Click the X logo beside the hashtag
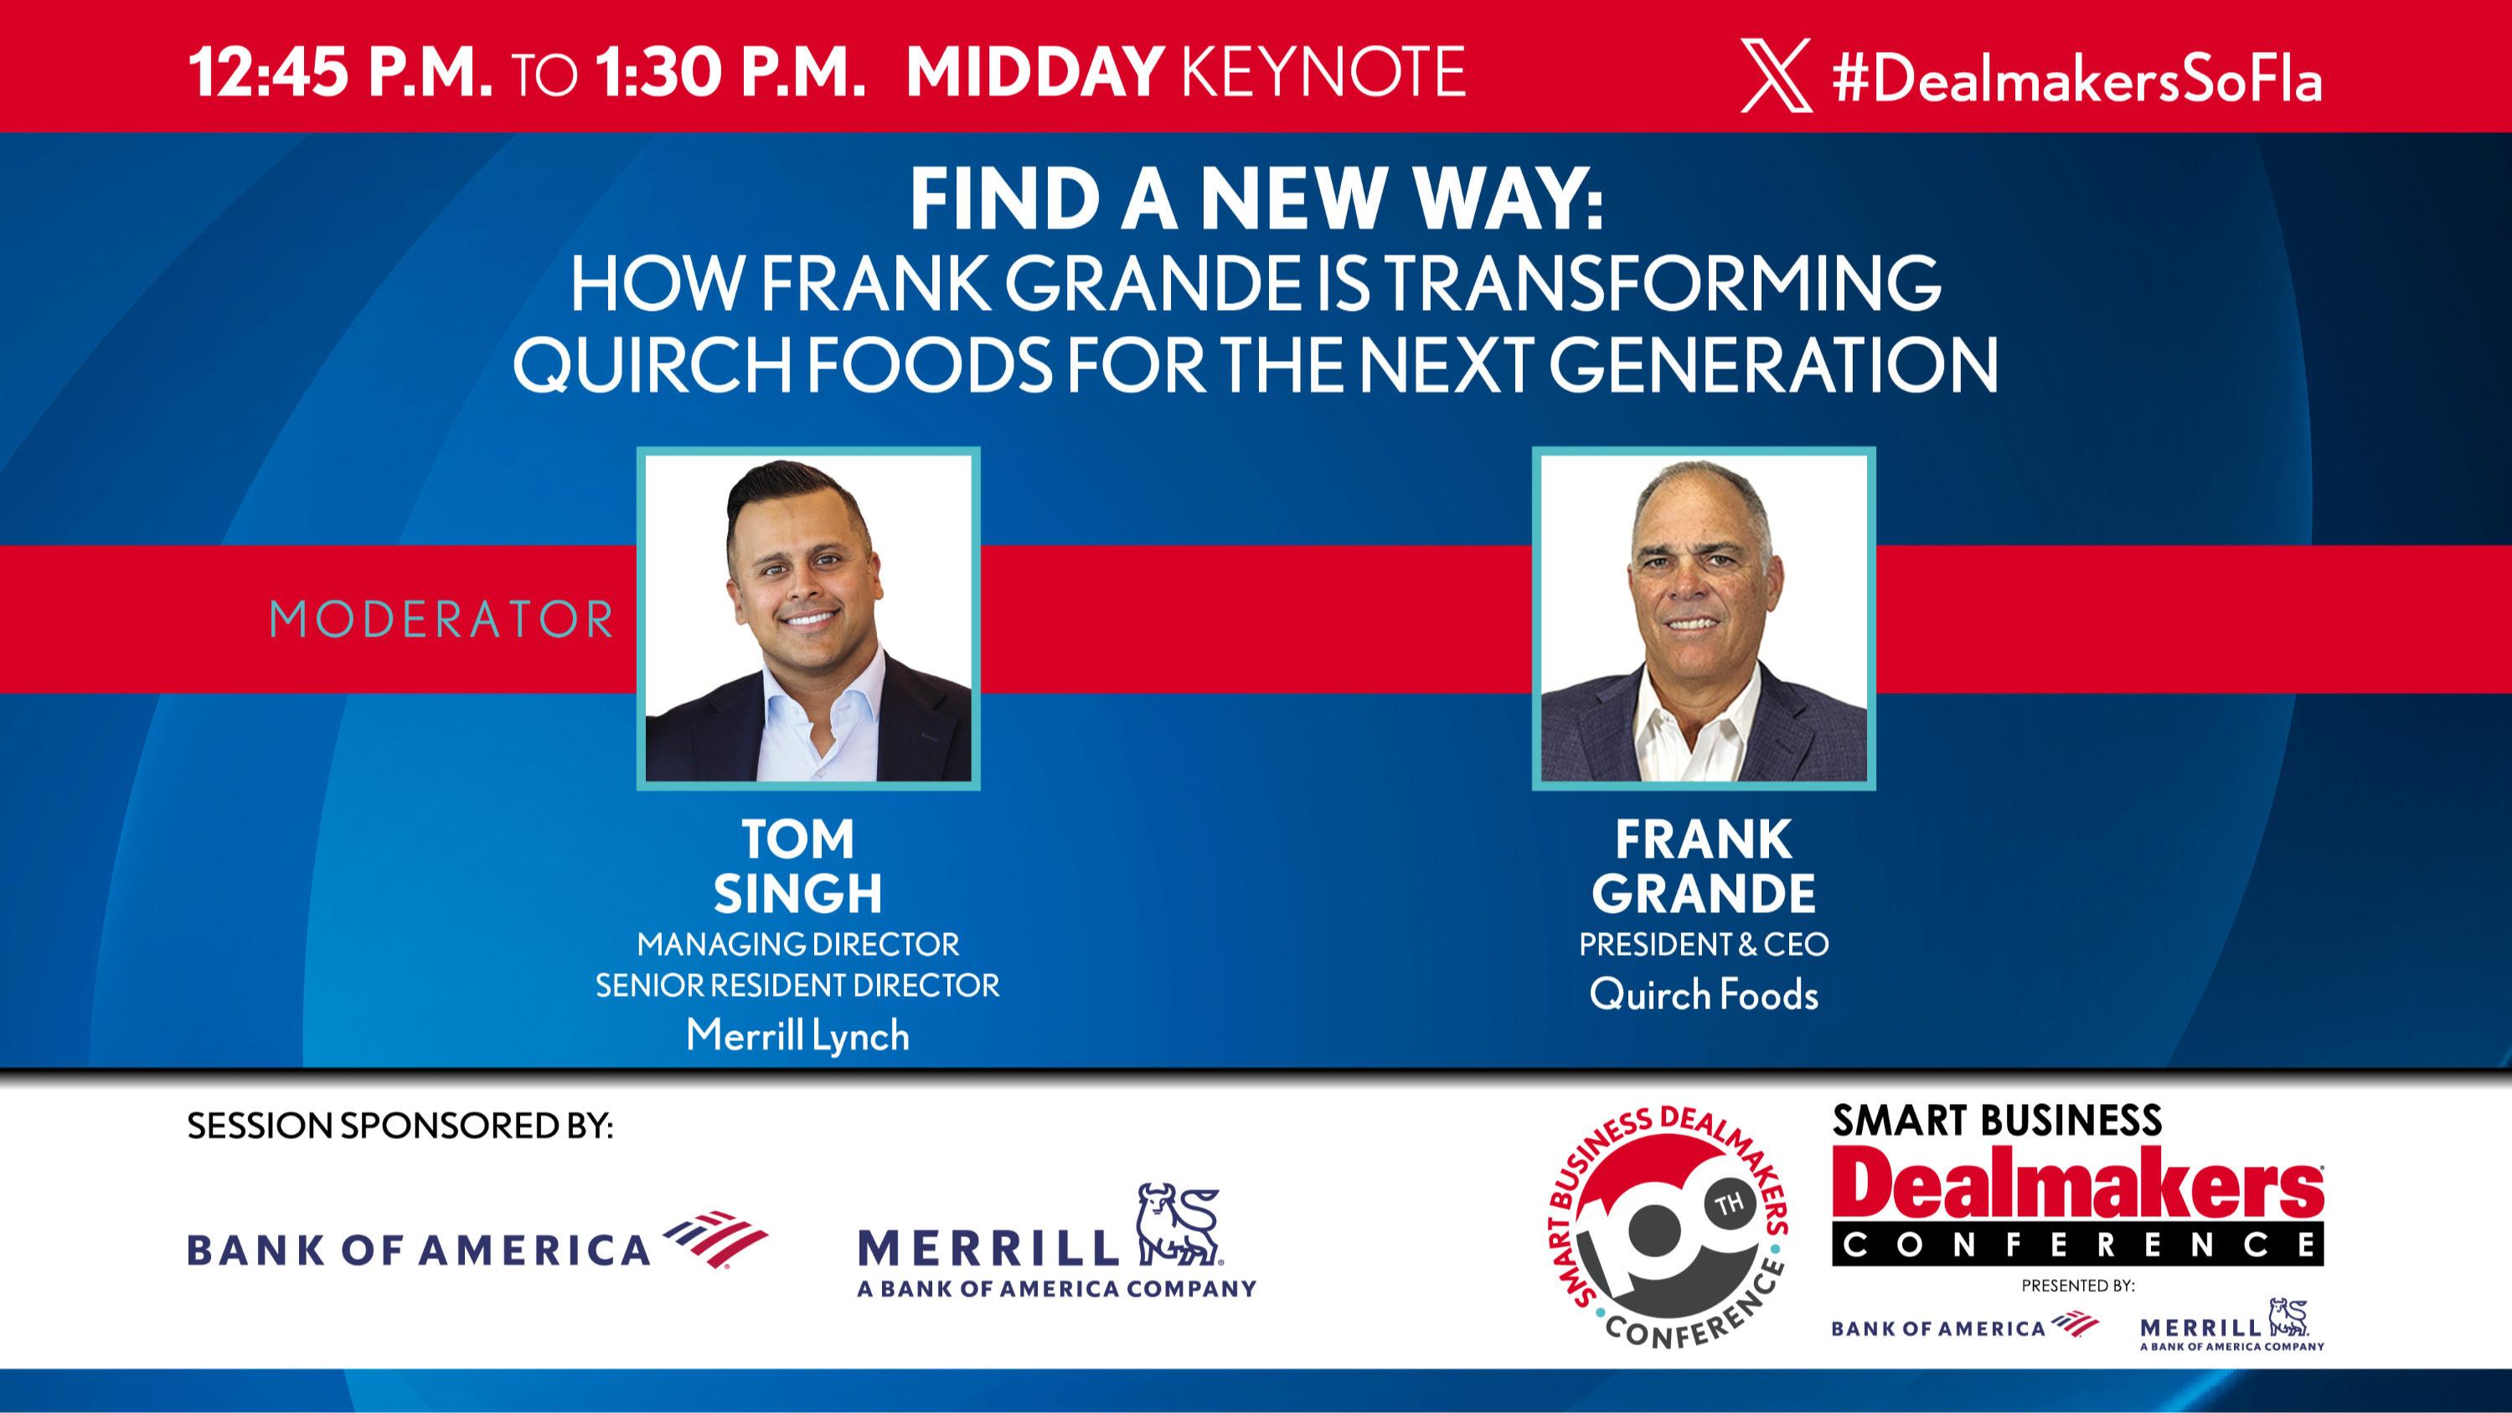1776,75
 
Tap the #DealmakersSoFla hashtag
2077,78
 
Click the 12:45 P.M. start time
340,71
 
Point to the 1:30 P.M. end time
730,71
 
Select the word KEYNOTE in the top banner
1323,71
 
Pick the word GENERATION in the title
1773,366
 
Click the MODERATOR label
441,620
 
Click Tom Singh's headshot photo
808,618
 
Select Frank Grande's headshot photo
1704,618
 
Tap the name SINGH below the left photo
797,893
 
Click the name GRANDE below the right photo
1704,893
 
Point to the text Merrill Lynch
797,1035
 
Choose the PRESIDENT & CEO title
1704,944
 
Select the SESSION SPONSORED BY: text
400,1127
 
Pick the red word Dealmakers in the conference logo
2077,1192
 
